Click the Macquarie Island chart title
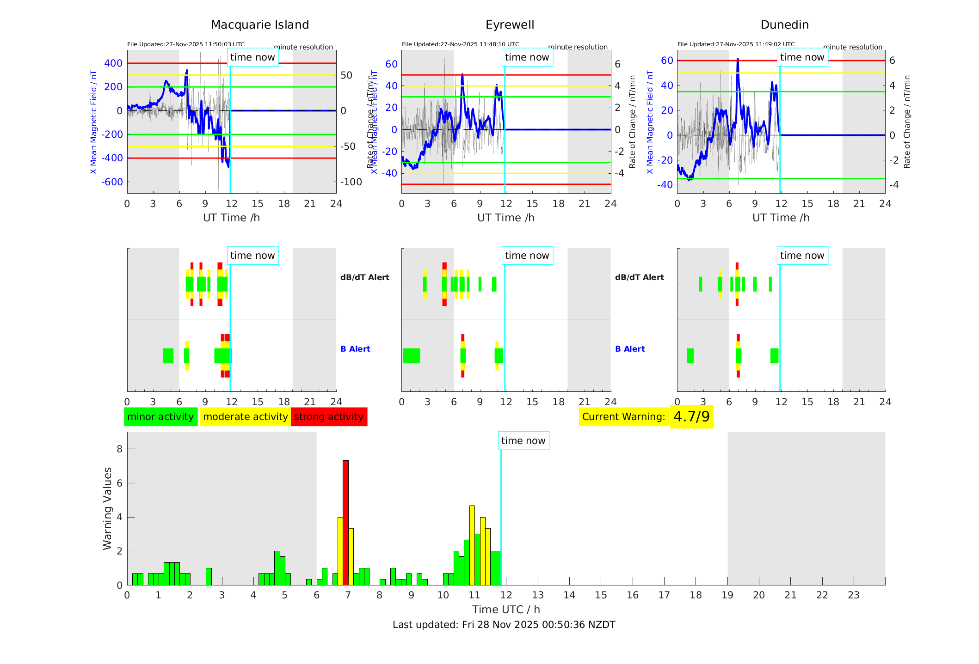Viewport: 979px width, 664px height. tap(260, 25)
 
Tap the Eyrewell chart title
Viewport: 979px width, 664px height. tap(510, 25)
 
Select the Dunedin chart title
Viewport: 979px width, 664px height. tap(784, 25)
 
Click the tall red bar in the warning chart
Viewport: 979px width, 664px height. tap(345, 522)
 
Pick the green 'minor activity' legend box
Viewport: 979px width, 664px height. tap(160, 417)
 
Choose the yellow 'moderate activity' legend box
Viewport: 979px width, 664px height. tap(245, 417)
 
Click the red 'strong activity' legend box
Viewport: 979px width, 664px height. tap(329, 417)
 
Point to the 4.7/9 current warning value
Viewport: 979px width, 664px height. tap(691, 417)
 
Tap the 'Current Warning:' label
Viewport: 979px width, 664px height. tap(623, 417)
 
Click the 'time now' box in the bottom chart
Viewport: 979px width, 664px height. tap(523, 441)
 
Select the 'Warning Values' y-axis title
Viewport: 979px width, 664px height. tap(108, 508)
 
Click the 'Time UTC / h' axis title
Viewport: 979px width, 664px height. tap(506, 609)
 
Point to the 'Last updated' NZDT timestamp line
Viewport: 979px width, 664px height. tap(504, 625)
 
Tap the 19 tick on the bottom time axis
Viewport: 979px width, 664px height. tap(727, 595)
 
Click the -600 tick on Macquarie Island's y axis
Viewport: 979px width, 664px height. tap(112, 182)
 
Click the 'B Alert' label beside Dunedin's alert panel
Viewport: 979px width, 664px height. tap(630, 349)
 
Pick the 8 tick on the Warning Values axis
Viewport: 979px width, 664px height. tap(120, 449)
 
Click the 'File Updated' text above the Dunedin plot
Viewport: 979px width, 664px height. tap(736, 44)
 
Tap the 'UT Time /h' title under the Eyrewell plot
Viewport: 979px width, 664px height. tap(506, 218)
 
